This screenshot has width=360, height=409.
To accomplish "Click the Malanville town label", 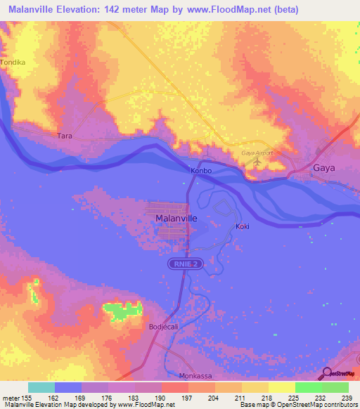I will tap(175, 219).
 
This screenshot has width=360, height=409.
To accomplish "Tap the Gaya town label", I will tap(324, 168).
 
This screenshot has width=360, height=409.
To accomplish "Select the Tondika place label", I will tap(13, 62).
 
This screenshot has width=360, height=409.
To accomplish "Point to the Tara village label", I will tap(65, 136).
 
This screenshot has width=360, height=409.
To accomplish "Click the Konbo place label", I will tap(200, 170).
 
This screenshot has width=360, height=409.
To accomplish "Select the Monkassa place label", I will tap(195, 376).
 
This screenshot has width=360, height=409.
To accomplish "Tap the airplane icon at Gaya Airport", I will tap(257, 162).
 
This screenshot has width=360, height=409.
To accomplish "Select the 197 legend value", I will tap(187, 398).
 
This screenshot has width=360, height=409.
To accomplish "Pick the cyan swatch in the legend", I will tap(41, 387).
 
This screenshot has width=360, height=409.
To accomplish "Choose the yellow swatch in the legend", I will tap(281, 387).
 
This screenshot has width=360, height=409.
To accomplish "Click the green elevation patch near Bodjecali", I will tap(122, 310).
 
